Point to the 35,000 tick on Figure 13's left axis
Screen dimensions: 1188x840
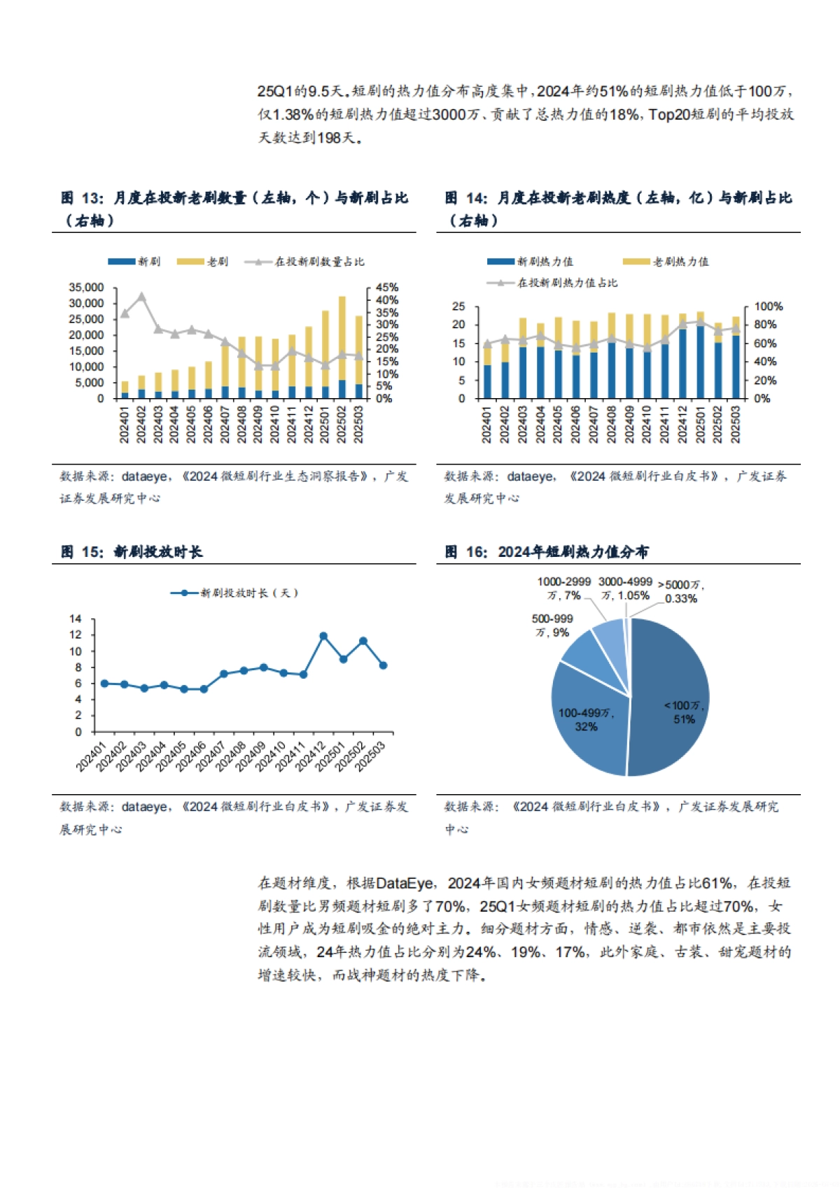click(x=86, y=288)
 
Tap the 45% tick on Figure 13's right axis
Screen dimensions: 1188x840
click(x=386, y=288)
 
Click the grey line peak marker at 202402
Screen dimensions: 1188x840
click(x=141, y=297)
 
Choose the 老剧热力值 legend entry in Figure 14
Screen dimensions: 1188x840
click(x=666, y=262)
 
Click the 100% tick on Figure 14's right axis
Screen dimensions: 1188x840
click(x=768, y=306)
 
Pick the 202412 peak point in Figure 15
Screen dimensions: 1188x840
click(x=323, y=637)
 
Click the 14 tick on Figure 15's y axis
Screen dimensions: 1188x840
click(x=76, y=619)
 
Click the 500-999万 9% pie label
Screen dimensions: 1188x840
click(x=552, y=625)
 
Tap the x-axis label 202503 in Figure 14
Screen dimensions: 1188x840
click(x=735, y=424)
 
